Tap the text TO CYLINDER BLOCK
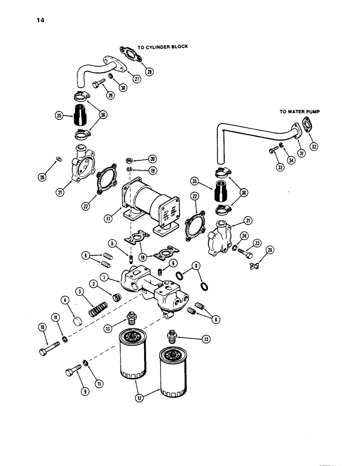point(162,47)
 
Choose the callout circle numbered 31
point(301,154)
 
